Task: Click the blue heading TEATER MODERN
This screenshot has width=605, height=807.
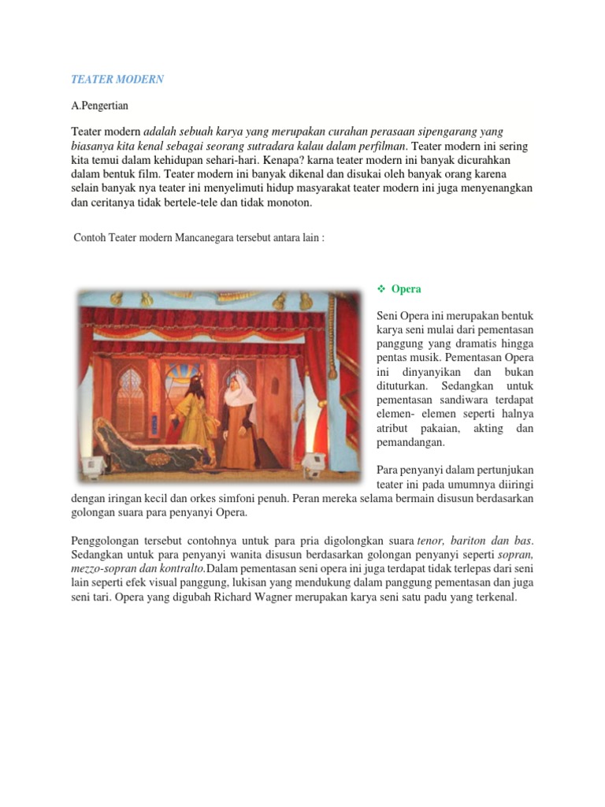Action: [x=117, y=80]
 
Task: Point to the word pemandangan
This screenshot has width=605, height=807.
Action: [x=411, y=443]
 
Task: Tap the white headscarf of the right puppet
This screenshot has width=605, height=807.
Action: [x=236, y=389]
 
